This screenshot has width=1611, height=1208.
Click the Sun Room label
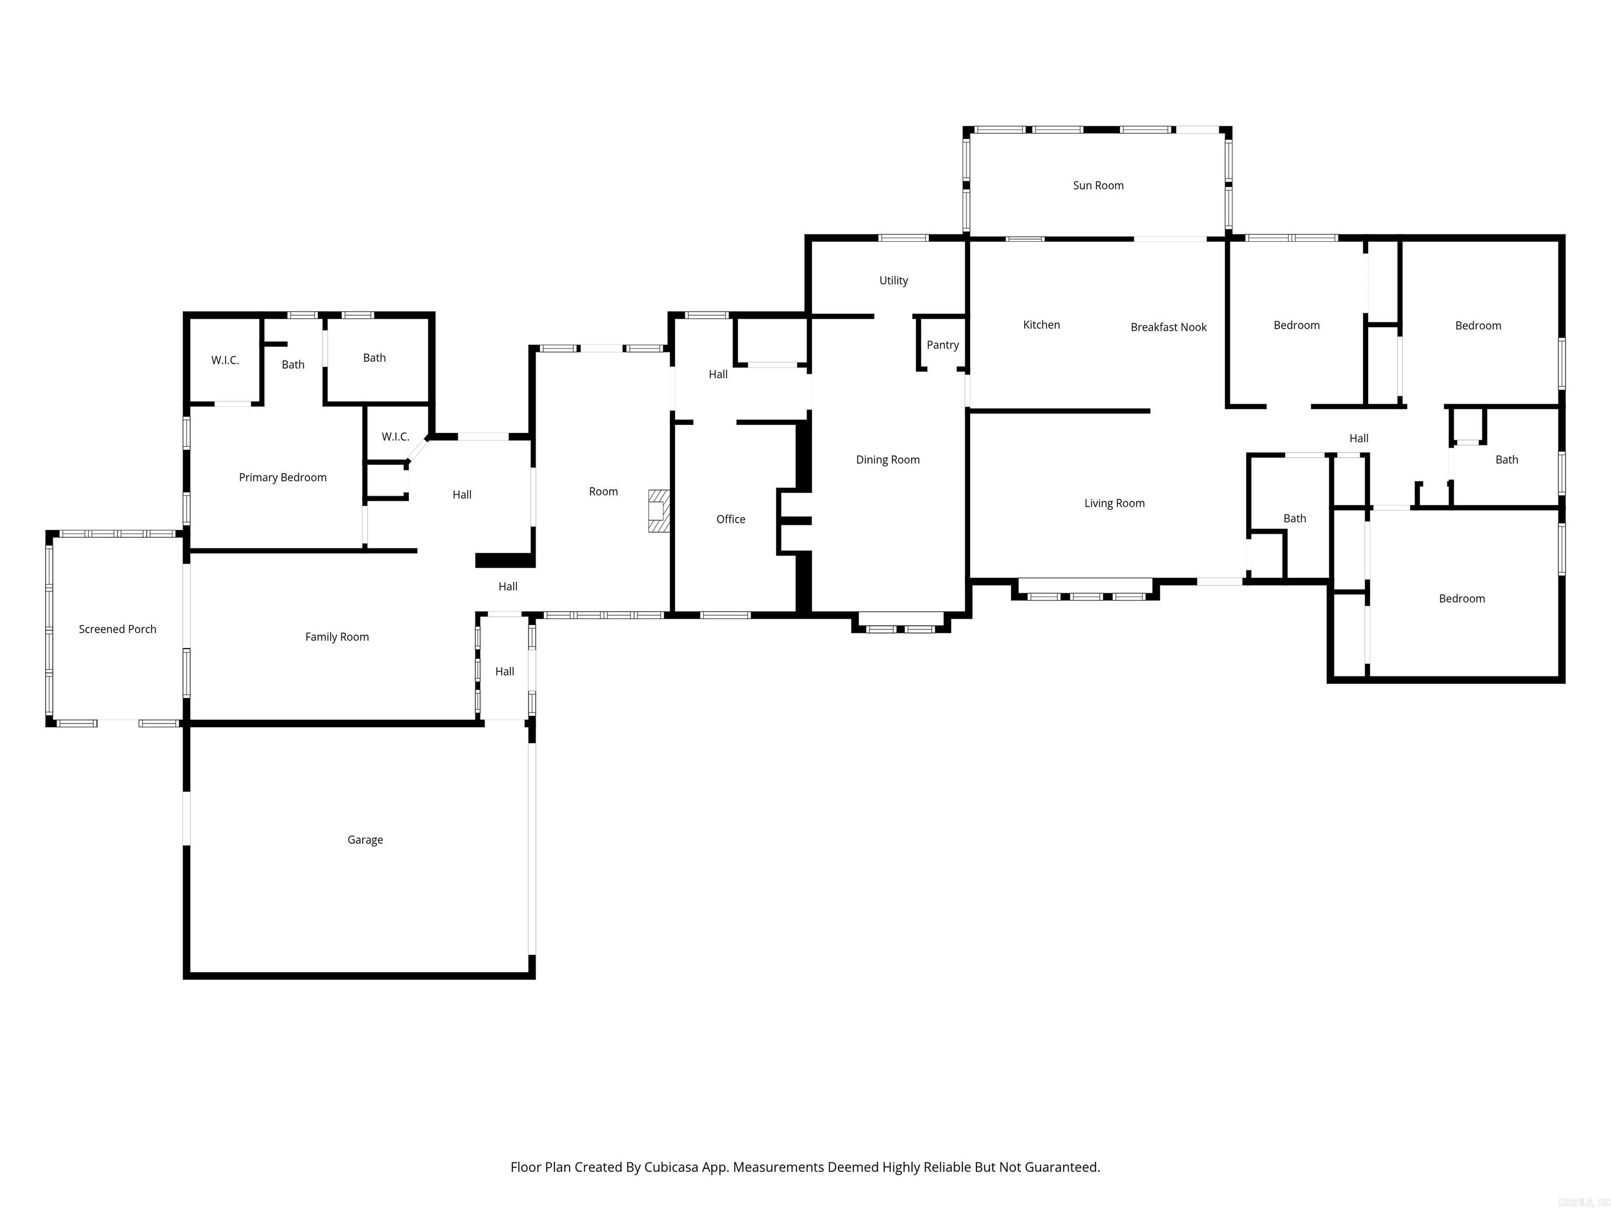point(1098,186)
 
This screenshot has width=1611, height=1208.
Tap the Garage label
point(365,839)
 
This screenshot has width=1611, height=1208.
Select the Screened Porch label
point(117,629)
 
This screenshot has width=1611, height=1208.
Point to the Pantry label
point(942,345)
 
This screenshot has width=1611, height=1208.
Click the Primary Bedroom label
point(283,478)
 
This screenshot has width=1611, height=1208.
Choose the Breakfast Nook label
point(1168,328)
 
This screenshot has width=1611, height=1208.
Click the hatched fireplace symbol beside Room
point(658,511)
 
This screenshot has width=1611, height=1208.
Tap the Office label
point(731,519)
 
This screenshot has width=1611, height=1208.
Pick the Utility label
point(893,281)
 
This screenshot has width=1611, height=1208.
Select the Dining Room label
point(887,459)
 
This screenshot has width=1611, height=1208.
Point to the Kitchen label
point(1041,325)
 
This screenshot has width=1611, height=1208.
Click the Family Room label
point(337,637)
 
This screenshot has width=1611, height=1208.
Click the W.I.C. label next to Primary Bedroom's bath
point(225,360)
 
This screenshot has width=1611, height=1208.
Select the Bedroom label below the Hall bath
point(1461,599)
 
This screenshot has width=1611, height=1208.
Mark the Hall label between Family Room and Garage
point(504,671)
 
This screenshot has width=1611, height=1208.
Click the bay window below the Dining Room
point(901,625)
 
